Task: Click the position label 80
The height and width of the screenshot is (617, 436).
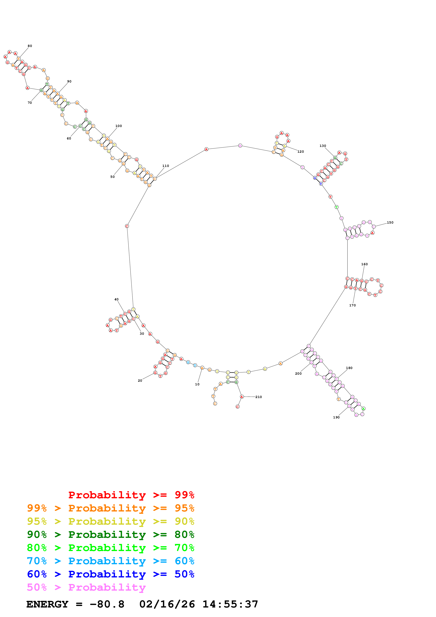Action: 30,46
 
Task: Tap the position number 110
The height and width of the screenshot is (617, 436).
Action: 166,166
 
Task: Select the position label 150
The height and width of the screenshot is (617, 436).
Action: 390,222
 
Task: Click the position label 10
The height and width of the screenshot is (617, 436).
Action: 197,384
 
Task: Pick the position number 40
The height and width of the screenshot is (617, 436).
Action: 116,299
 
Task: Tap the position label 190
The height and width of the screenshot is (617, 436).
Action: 336,417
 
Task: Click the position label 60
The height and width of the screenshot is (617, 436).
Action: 69,138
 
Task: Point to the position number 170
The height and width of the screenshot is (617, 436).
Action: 352,305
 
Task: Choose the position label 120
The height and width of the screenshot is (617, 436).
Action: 301,152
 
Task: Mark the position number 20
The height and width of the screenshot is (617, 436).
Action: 140,380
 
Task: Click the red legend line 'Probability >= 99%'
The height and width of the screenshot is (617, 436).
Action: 131,495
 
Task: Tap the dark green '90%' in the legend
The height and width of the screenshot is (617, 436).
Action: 37,535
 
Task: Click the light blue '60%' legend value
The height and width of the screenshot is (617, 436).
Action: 184,561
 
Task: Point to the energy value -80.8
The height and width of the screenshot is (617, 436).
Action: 107,604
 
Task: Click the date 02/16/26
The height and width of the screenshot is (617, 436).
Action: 167,604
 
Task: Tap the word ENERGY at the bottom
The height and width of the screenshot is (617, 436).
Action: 47,604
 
